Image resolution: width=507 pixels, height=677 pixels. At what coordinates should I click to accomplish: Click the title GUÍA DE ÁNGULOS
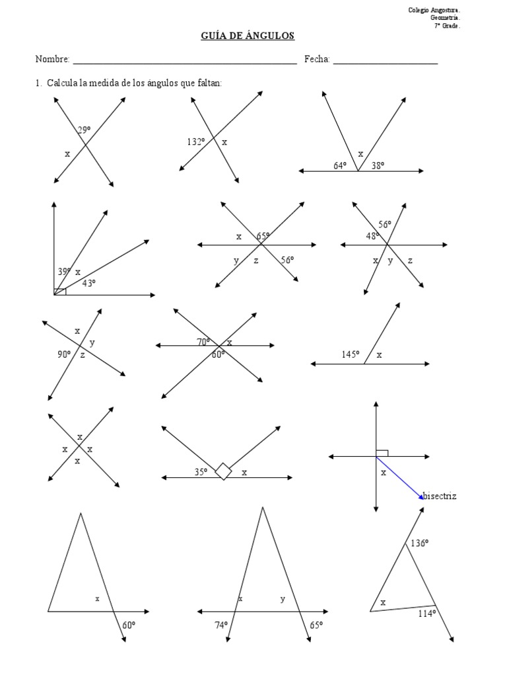tap(248, 36)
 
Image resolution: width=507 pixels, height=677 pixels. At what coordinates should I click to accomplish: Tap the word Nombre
tap(52, 59)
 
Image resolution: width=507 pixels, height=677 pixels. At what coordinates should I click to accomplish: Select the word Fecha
tap(317, 59)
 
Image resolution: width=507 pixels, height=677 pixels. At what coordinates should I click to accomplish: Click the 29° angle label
tap(84, 130)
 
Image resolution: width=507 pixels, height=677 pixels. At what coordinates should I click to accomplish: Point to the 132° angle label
tap(195, 141)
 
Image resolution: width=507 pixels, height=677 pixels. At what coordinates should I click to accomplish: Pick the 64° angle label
tap(340, 165)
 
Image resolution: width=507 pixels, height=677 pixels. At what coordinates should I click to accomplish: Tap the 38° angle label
tap(378, 165)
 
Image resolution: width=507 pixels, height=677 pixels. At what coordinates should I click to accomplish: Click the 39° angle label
tap(64, 272)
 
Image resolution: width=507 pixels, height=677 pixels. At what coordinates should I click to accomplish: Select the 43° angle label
tap(89, 283)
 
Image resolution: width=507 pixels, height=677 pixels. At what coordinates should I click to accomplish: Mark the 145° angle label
tap(351, 354)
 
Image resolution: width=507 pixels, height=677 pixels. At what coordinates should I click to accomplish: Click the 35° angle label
tap(201, 472)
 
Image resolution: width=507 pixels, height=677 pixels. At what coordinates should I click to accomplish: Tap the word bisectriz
tap(440, 496)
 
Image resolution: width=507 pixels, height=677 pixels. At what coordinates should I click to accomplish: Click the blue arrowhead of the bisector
tap(421, 497)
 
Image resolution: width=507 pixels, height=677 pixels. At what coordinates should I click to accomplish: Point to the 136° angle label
tap(419, 543)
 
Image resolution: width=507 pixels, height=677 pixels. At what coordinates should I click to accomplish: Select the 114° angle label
tap(427, 614)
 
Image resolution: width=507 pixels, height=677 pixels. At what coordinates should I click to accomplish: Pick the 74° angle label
tap(221, 625)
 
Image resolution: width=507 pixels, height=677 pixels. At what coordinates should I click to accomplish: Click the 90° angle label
tap(64, 354)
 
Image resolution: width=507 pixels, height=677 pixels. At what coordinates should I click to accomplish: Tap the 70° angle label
tap(203, 342)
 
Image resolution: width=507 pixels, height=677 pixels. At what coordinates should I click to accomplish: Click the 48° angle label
tap(372, 236)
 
